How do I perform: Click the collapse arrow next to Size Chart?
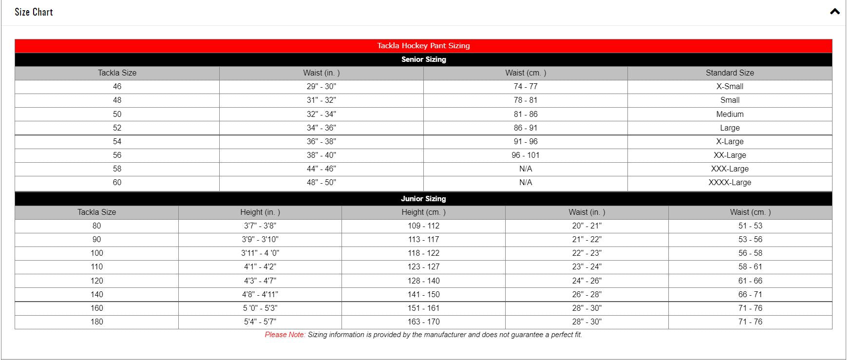pyautogui.click(x=834, y=12)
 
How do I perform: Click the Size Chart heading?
pyautogui.click(x=34, y=12)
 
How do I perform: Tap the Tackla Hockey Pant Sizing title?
pyautogui.click(x=423, y=46)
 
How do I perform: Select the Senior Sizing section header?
pyautogui.click(x=423, y=59)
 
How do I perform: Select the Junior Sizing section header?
pyautogui.click(x=423, y=199)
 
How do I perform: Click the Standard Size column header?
pyautogui.click(x=729, y=73)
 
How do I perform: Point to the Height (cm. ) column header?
pyautogui.click(x=423, y=212)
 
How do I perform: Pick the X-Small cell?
pyautogui.click(x=729, y=87)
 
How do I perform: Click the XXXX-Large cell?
pyautogui.click(x=729, y=183)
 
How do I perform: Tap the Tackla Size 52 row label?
pyautogui.click(x=117, y=128)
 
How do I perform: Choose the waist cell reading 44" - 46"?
pyautogui.click(x=321, y=169)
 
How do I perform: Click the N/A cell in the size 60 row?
pyautogui.click(x=525, y=183)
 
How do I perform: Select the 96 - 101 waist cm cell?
pyautogui.click(x=525, y=155)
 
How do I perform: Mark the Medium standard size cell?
pyautogui.click(x=729, y=114)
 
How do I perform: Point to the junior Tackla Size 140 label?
pyautogui.click(x=96, y=295)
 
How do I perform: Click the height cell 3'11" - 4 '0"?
pyautogui.click(x=260, y=253)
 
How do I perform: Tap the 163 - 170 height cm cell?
pyautogui.click(x=423, y=322)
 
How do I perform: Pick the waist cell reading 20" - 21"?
pyautogui.click(x=587, y=226)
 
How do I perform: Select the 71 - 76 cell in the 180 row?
pyautogui.click(x=750, y=322)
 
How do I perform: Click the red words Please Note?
pyautogui.click(x=285, y=335)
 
